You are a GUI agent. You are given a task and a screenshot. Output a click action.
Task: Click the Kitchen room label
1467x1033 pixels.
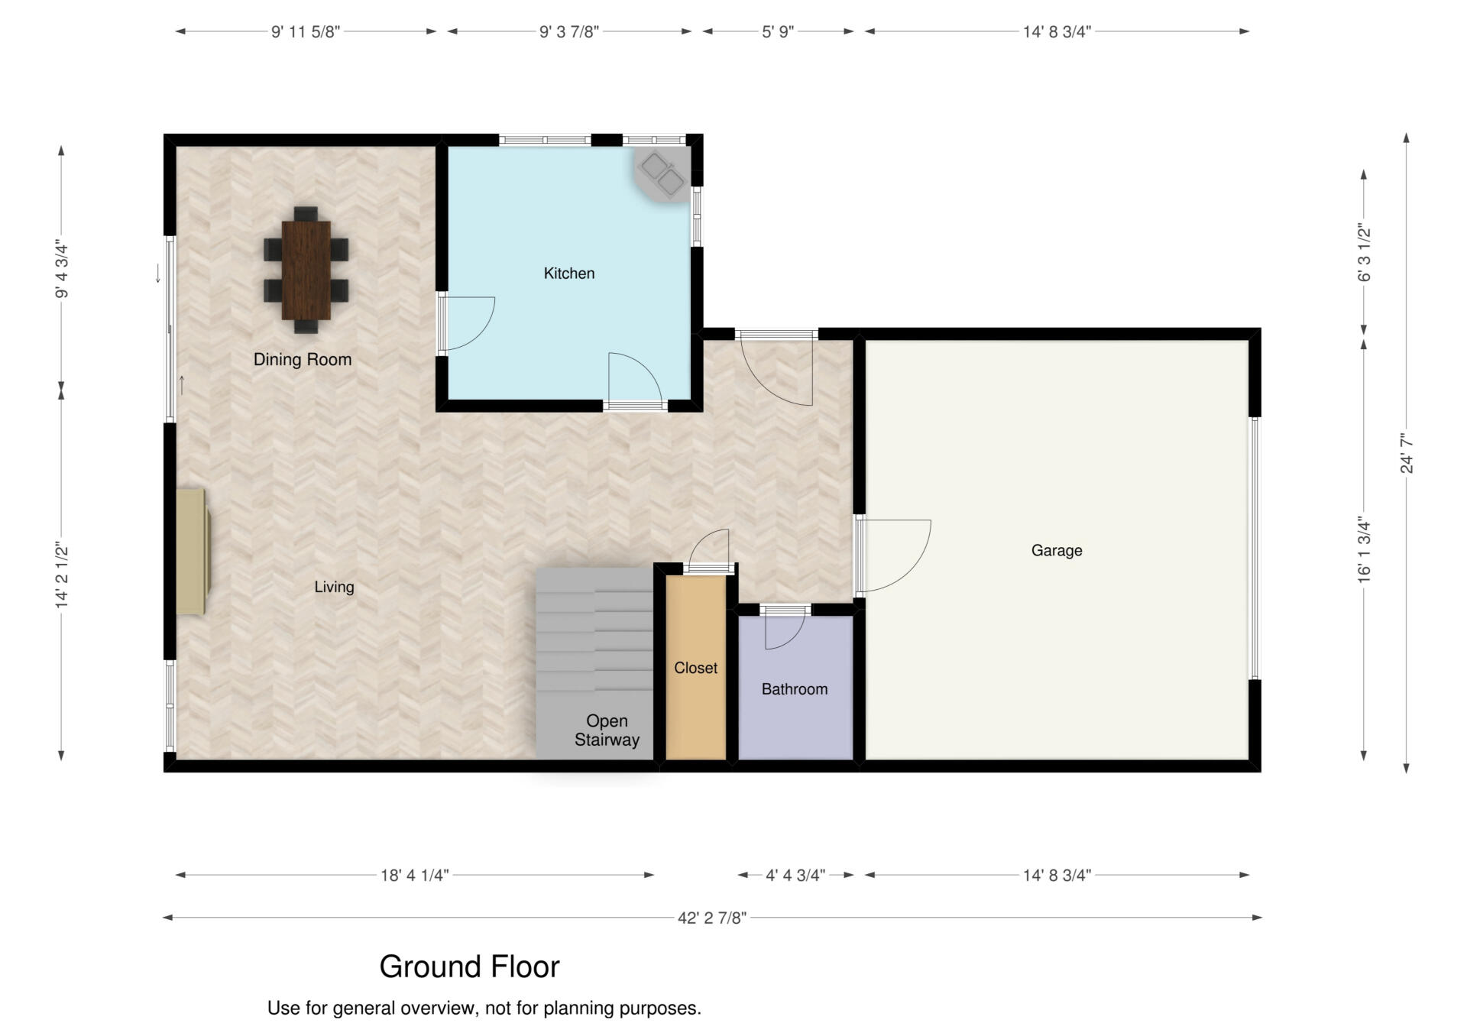568,274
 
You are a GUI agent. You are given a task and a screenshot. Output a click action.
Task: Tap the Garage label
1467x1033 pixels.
1057,550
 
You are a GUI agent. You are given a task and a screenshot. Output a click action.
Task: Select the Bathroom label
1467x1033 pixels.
795,689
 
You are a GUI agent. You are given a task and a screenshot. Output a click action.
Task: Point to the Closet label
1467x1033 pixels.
695,668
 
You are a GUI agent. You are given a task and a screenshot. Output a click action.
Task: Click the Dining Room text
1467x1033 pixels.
303,359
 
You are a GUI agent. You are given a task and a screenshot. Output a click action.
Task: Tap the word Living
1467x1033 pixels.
334,587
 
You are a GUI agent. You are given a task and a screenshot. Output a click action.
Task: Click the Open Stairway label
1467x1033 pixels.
607,730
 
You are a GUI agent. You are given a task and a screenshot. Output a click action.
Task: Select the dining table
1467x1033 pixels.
306,270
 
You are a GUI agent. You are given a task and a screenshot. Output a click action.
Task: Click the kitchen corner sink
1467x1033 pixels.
662,176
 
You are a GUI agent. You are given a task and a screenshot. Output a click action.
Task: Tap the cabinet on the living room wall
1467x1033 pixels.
192,552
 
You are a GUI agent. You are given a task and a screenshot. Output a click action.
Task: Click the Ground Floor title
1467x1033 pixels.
469,967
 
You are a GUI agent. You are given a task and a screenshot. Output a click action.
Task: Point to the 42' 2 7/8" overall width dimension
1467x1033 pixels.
712,918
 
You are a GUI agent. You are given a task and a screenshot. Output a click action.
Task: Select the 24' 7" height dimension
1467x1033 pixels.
1407,453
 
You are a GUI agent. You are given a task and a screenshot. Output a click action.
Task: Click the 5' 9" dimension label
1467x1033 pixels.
778,31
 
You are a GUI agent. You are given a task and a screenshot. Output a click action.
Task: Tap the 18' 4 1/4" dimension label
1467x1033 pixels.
414,875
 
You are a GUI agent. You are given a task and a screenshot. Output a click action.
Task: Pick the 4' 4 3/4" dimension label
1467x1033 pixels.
795,875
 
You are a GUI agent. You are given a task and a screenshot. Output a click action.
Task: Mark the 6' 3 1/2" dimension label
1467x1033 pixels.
1365,253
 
